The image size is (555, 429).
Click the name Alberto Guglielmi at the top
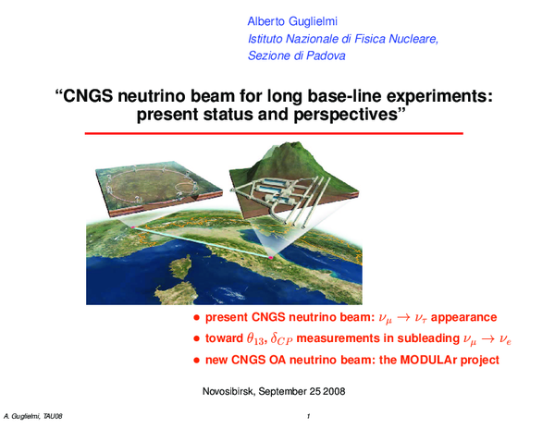pyautogui.click(x=292, y=20)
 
